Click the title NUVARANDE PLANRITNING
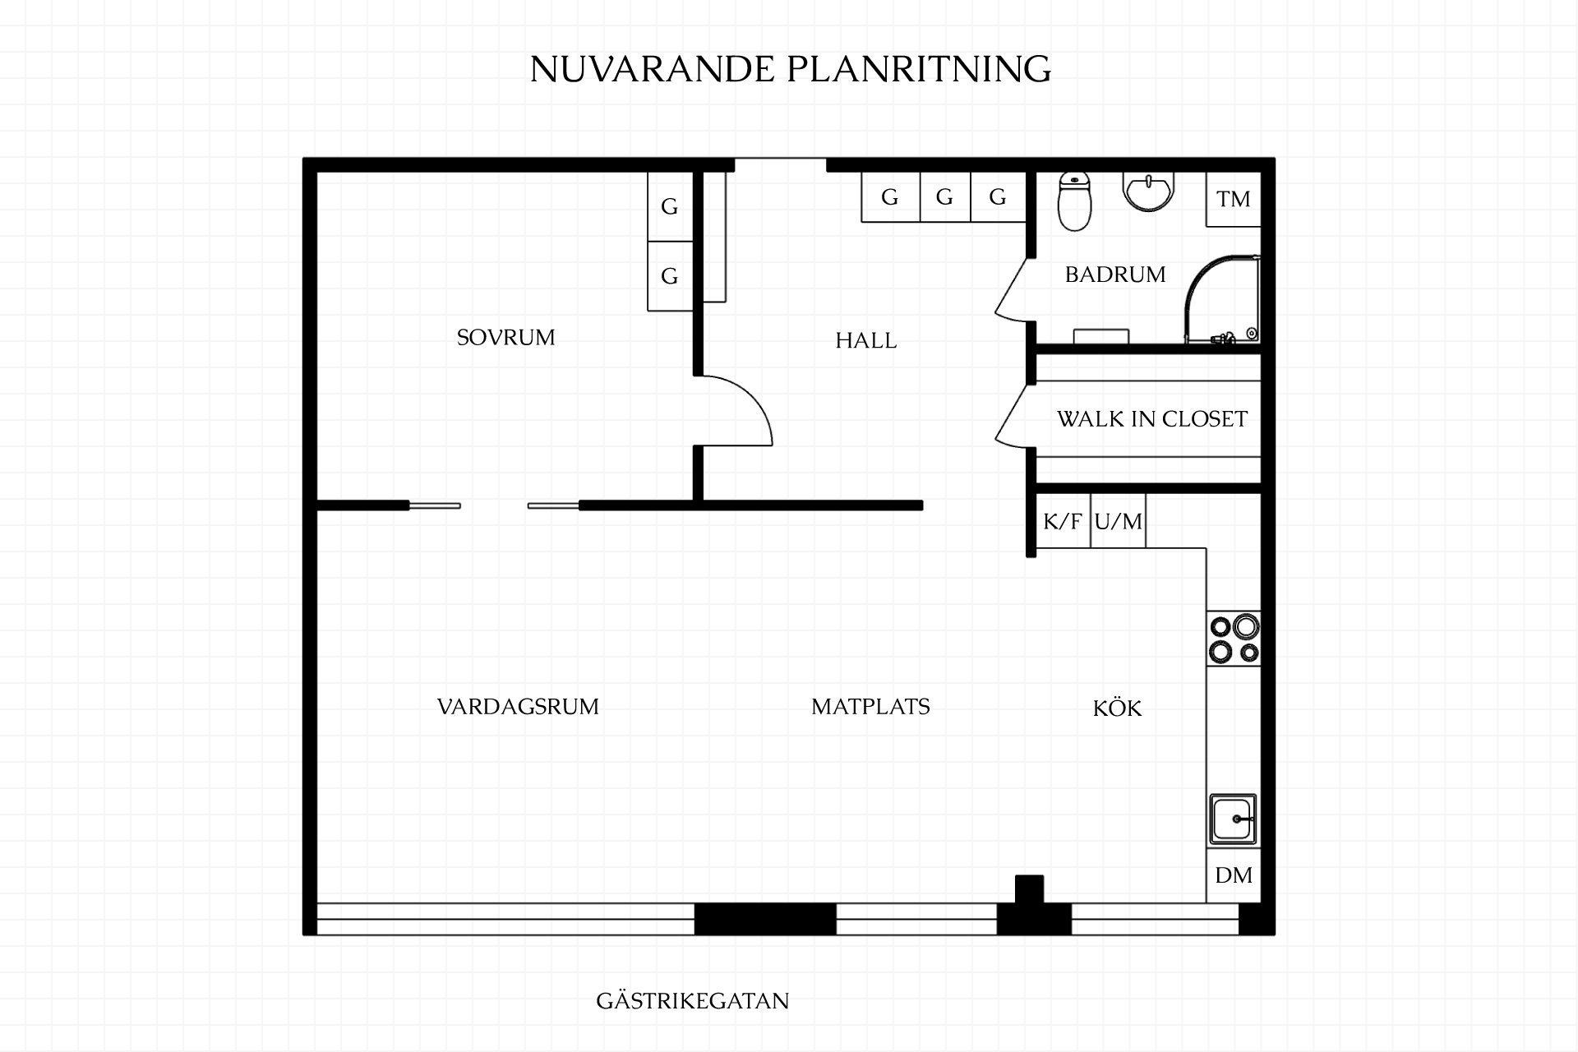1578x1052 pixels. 791,69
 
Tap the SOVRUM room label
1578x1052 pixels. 506,338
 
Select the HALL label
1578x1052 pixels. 866,340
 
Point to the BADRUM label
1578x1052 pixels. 1115,275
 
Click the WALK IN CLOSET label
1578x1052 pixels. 1152,419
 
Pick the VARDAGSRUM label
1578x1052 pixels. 518,707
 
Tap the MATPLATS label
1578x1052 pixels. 870,707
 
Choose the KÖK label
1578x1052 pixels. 1118,708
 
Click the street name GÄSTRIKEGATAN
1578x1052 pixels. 693,1000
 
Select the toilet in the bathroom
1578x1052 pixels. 1074,201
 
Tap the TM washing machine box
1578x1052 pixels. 1234,199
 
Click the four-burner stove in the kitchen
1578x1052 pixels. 1234,639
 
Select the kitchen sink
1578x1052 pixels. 1233,819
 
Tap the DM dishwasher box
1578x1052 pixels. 1234,875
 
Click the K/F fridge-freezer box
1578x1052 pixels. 1063,521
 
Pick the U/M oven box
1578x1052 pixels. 1119,521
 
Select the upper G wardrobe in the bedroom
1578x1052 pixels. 670,206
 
